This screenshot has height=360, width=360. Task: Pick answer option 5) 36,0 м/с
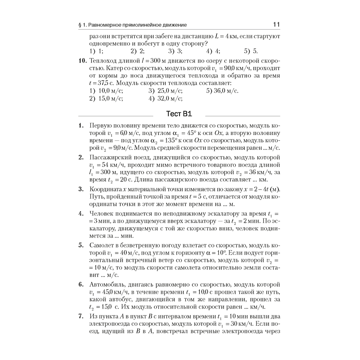(x=223, y=90)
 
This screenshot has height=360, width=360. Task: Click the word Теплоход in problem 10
(x=104, y=60)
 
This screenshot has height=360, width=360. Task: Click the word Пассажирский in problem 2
(x=112, y=157)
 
